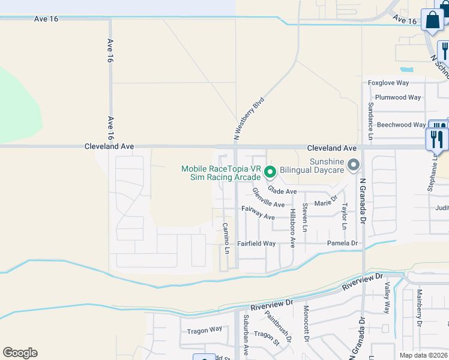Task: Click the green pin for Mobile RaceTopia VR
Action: (270, 172)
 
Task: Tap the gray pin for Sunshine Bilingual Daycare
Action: (354, 164)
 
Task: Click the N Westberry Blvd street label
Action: (249, 119)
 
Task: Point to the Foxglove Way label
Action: (388, 83)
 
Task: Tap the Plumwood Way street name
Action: (397, 97)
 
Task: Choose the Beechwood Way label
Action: (401, 125)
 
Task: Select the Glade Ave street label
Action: (282, 191)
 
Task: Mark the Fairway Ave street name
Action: (258, 212)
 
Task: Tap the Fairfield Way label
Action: (256, 244)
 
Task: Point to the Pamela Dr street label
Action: (342, 244)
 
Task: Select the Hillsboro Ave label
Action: (292, 229)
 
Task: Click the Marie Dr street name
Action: (327, 203)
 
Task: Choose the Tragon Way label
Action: (204, 330)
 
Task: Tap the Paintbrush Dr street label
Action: (279, 329)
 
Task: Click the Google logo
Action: (20, 353)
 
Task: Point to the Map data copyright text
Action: (423, 355)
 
